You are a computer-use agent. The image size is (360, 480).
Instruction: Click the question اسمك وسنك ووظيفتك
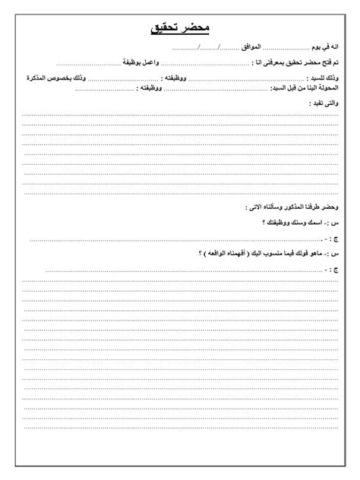point(293,223)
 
